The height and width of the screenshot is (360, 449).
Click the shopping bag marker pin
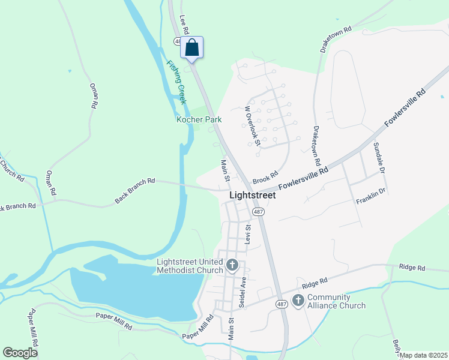[192, 47]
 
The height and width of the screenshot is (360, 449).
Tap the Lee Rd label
[184, 24]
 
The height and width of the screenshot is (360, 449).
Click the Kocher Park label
[199, 120]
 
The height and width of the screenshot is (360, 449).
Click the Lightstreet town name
[253, 195]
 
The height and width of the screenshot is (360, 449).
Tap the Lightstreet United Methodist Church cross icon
[232, 265]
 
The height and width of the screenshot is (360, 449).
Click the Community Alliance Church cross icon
[298, 301]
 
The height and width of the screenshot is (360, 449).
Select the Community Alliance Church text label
[336, 301]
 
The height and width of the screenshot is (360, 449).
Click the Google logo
[20, 353]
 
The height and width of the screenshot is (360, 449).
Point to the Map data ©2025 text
[423, 355]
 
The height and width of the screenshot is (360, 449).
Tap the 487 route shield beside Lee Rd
[178, 41]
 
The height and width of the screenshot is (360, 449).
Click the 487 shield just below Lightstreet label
[258, 212]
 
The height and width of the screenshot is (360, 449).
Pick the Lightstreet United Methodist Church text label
[189, 265]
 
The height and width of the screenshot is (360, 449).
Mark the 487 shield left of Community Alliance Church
[282, 304]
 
